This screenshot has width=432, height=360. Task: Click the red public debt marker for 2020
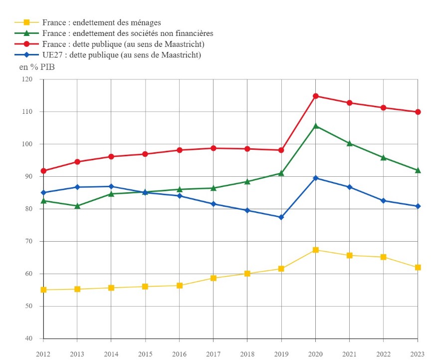(x=315, y=96)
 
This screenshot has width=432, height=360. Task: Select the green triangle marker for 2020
(x=315, y=126)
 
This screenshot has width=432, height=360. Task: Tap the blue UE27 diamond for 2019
(x=281, y=217)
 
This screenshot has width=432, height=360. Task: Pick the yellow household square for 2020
(x=315, y=250)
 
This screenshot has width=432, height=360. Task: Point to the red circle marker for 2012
(x=43, y=171)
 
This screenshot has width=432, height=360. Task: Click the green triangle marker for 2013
(x=77, y=206)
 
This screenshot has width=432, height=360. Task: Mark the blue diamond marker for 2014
(x=111, y=186)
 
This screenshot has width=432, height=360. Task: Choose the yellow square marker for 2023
(x=418, y=267)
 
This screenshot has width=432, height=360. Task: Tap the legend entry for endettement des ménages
(x=101, y=22)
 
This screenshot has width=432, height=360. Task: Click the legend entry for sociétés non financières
(x=128, y=33)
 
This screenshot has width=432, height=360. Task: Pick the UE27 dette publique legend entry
(x=121, y=55)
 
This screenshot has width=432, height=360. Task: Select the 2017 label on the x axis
(x=213, y=354)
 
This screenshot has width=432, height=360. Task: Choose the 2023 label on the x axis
(x=418, y=354)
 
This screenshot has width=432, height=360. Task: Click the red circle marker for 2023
(x=418, y=112)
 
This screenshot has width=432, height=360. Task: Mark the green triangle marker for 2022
(x=383, y=157)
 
